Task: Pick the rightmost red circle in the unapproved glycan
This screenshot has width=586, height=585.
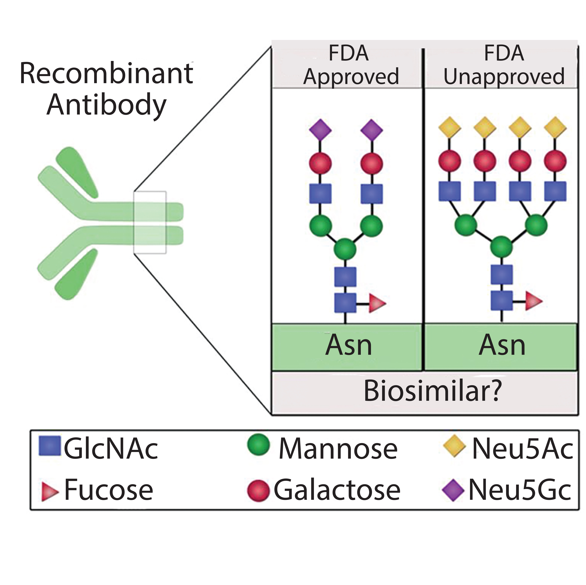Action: (x=555, y=161)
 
